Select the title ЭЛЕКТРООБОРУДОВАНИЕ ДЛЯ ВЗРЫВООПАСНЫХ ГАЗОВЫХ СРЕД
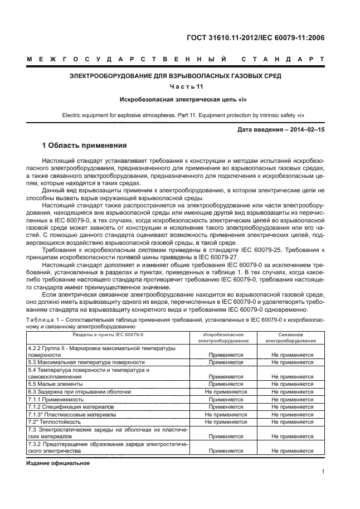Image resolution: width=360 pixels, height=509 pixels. [x=175, y=75]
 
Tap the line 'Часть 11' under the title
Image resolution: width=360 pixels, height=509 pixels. [x=175, y=86]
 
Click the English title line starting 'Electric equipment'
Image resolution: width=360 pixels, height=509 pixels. [x=175, y=117]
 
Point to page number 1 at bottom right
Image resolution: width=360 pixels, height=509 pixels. [x=323, y=472]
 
